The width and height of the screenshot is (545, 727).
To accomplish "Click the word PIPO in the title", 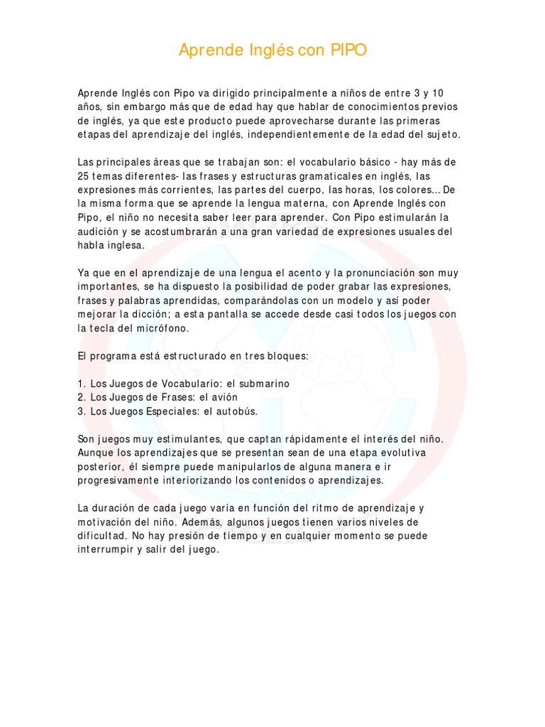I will pos(348,50).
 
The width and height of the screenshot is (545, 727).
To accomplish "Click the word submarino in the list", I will pos(256,383).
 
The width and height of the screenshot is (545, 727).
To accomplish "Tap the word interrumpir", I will pos(109,550).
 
